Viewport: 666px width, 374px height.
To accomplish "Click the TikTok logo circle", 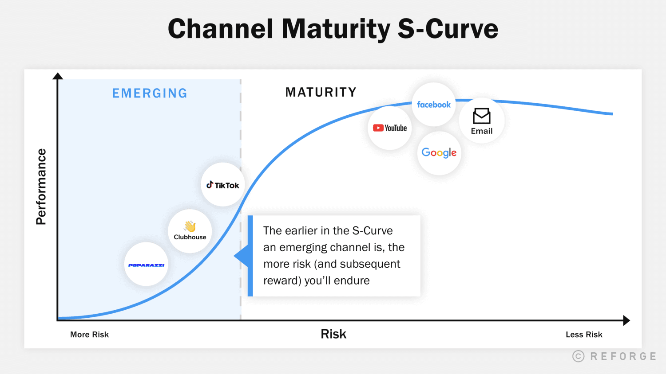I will click(223, 185).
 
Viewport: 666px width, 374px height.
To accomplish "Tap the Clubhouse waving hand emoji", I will click(190, 226).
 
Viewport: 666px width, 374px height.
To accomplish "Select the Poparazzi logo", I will click(146, 265).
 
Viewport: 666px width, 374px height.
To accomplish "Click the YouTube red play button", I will click(378, 128).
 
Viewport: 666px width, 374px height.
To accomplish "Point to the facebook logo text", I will click(434, 105).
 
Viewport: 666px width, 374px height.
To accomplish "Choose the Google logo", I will click(439, 153).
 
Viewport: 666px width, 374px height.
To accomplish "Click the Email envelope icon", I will click(482, 116).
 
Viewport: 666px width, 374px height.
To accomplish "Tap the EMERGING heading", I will click(150, 93).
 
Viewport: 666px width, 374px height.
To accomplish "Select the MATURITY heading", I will click(321, 92).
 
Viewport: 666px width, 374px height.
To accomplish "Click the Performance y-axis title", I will click(41, 187).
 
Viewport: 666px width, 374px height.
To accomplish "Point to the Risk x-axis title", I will click(333, 334).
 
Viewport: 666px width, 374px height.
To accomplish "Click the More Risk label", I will click(89, 335).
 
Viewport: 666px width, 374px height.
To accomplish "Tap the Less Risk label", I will click(584, 335).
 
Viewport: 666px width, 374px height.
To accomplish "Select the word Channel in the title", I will click(220, 29).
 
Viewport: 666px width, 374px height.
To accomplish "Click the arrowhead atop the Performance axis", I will click(58, 76).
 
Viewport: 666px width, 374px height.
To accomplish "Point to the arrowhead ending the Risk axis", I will click(626, 320).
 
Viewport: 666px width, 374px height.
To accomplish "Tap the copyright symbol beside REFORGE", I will click(578, 356).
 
